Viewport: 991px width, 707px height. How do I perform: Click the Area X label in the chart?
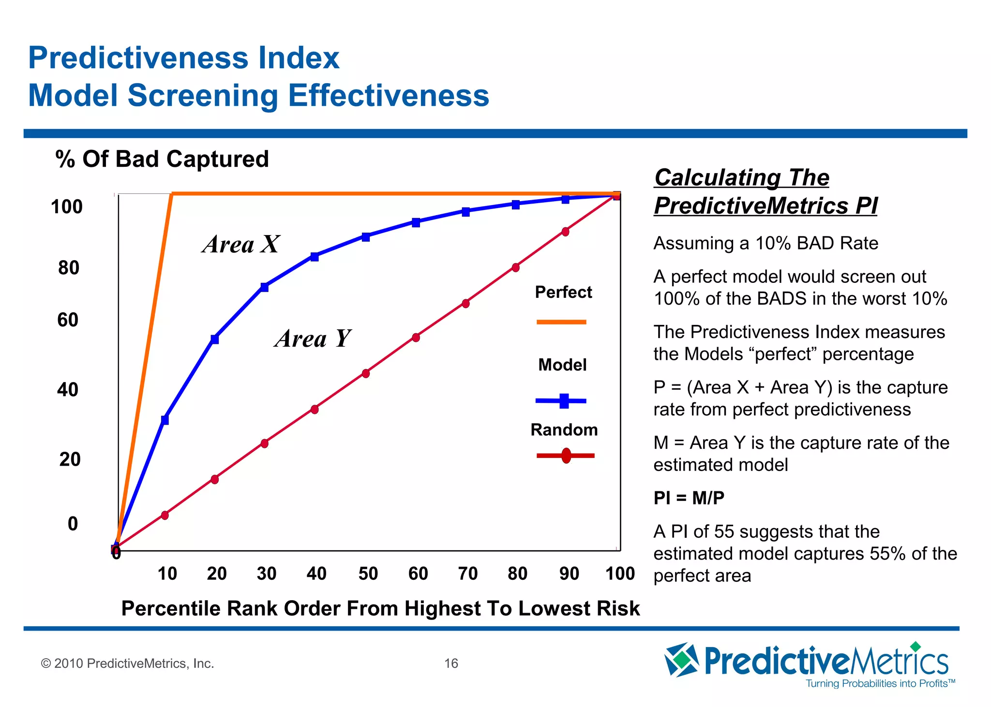[x=240, y=244]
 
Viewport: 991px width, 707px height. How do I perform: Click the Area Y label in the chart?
[x=312, y=339]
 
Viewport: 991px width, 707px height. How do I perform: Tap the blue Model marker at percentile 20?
[x=215, y=339]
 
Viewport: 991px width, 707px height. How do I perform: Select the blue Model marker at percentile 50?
[x=366, y=237]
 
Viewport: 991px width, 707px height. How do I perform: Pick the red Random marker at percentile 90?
[x=565, y=232]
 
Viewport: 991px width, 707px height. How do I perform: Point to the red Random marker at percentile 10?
[x=165, y=515]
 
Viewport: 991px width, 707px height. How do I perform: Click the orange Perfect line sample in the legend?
[x=561, y=322]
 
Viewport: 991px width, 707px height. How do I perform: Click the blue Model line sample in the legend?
[x=561, y=401]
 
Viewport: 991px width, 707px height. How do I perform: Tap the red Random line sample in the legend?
[x=565, y=456]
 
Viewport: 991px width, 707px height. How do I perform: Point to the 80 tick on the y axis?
[x=69, y=268]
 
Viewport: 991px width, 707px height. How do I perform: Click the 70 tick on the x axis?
[x=468, y=574]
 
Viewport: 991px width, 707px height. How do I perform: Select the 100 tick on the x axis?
[x=620, y=574]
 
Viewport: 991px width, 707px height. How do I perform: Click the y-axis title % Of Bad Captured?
[x=162, y=159]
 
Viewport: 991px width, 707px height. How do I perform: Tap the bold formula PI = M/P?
[x=689, y=498]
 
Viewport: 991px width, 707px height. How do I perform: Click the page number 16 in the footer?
[x=451, y=663]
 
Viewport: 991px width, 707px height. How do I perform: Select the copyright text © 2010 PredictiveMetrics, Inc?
[x=128, y=663]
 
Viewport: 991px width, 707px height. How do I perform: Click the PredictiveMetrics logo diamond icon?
[x=681, y=660]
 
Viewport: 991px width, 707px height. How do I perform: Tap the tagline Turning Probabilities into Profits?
[x=880, y=684]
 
